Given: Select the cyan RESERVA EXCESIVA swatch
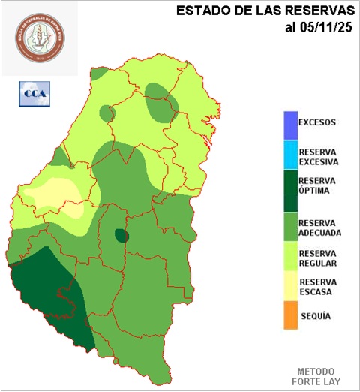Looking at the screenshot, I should click(x=290, y=155).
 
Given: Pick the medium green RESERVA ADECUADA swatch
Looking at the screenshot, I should click(x=290, y=225).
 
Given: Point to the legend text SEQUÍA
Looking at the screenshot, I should click(x=315, y=316).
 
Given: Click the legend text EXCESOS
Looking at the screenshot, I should click(x=317, y=122).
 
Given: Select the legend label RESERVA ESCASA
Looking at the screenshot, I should click(x=318, y=287).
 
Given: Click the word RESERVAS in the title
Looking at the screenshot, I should click(x=318, y=11).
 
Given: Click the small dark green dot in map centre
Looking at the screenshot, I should click(x=121, y=236).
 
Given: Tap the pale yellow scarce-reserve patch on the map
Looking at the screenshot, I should click(x=52, y=194).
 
